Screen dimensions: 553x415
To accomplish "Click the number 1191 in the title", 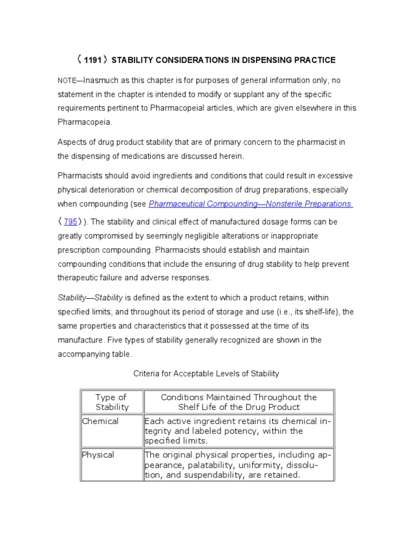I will (92, 60).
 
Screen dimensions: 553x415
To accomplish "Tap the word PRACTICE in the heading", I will (310, 60).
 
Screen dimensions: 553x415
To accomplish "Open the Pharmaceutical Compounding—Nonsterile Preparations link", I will (250, 204).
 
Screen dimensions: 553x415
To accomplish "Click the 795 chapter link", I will (71, 222).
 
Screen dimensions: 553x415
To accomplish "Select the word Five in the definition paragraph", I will (115, 340).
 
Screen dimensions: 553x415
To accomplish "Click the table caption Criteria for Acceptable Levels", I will (206, 374).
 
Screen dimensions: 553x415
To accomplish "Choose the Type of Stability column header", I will (112, 402).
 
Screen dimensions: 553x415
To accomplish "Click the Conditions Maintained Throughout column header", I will (239, 402).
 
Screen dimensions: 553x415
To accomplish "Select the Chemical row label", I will (100, 421).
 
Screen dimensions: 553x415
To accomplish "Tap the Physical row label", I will (98, 455).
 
